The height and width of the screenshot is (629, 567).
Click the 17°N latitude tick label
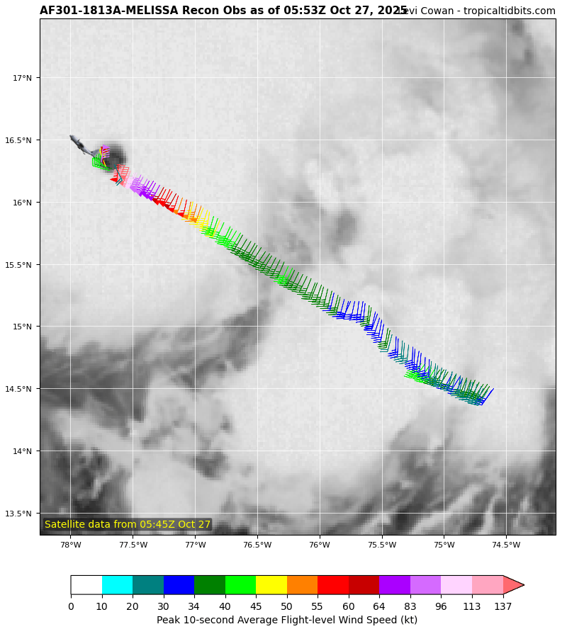(x=23, y=78)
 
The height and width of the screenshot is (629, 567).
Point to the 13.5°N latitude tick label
(x=20, y=514)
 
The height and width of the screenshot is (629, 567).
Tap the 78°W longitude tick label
(x=70, y=545)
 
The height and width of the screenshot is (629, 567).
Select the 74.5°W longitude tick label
(x=505, y=545)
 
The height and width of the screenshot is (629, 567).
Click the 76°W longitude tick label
(x=319, y=545)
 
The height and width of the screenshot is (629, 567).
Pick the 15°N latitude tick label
(x=23, y=327)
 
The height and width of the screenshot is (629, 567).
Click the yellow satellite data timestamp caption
(x=128, y=524)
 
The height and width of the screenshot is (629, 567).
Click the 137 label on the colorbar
(x=503, y=606)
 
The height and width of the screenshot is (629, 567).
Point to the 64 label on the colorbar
(x=379, y=606)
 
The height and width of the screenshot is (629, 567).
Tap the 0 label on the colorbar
(x=71, y=606)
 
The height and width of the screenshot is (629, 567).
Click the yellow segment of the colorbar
(x=271, y=585)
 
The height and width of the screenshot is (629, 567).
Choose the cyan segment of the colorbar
(x=117, y=585)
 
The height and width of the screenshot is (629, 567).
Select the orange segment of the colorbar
(x=302, y=585)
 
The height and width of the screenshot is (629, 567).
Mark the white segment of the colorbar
(x=86, y=585)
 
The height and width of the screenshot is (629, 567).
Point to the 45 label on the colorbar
(x=256, y=606)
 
